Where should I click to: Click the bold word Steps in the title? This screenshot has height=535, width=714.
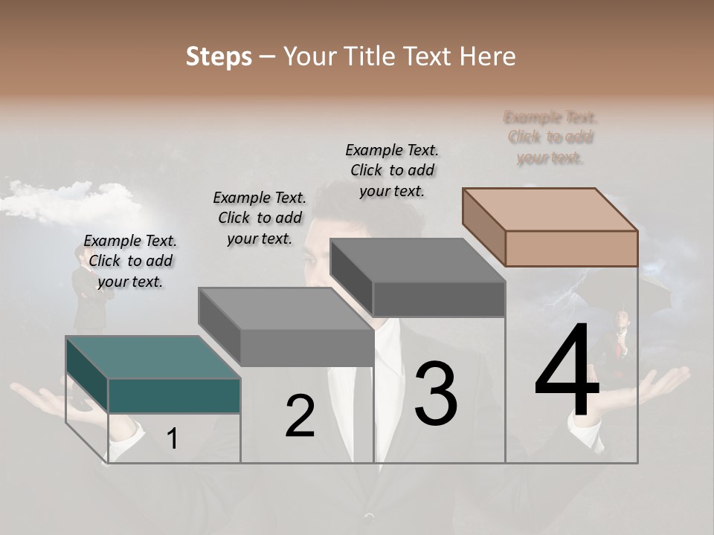(x=219, y=56)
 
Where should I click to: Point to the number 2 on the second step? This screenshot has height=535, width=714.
(x=300, y=416)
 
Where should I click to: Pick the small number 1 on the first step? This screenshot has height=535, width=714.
(x=172, y=438)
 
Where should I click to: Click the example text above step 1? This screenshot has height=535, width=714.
(x=130, y=261)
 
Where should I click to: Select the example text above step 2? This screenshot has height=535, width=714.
(x=260, y=218)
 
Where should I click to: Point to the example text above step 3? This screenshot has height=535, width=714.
(x=392, y=170)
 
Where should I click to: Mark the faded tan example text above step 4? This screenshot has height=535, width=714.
(x=550, y=137)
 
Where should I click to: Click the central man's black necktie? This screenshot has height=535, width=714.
(x=362, y=416)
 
